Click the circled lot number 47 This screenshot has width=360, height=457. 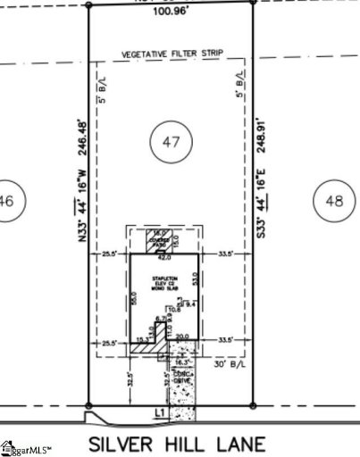171,141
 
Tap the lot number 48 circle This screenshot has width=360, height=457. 333,202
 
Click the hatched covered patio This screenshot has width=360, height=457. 164,241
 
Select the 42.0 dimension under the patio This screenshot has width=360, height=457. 164,259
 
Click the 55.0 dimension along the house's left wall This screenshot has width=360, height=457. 135,298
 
